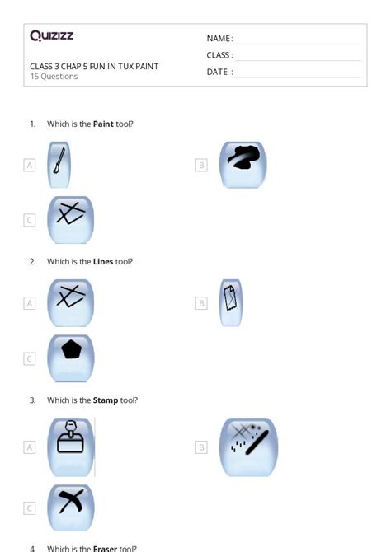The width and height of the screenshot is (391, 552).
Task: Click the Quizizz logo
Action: point(51,35)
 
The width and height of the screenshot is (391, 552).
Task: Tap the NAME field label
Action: point(219,39)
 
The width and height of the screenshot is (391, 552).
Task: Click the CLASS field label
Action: point(219,55)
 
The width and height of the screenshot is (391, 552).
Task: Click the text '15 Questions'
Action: point(54,77)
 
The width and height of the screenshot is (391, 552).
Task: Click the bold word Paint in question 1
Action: point(103,124)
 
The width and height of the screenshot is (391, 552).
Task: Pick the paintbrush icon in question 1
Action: point(59,164)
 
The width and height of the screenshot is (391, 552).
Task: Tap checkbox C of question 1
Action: point(30,220)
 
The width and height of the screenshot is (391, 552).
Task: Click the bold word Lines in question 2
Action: point(103,262)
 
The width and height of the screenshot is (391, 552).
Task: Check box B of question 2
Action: point(200,303)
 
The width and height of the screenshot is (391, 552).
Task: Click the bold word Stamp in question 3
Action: point(106,400)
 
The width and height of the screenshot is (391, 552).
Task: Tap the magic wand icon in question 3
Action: point(249,447)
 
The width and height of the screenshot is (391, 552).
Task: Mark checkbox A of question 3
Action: point(30,447)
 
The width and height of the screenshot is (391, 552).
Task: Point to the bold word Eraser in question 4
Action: point(106,548)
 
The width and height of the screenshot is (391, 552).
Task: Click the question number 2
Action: point(32,262)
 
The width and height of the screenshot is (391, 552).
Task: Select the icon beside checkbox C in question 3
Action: point(71,507)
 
